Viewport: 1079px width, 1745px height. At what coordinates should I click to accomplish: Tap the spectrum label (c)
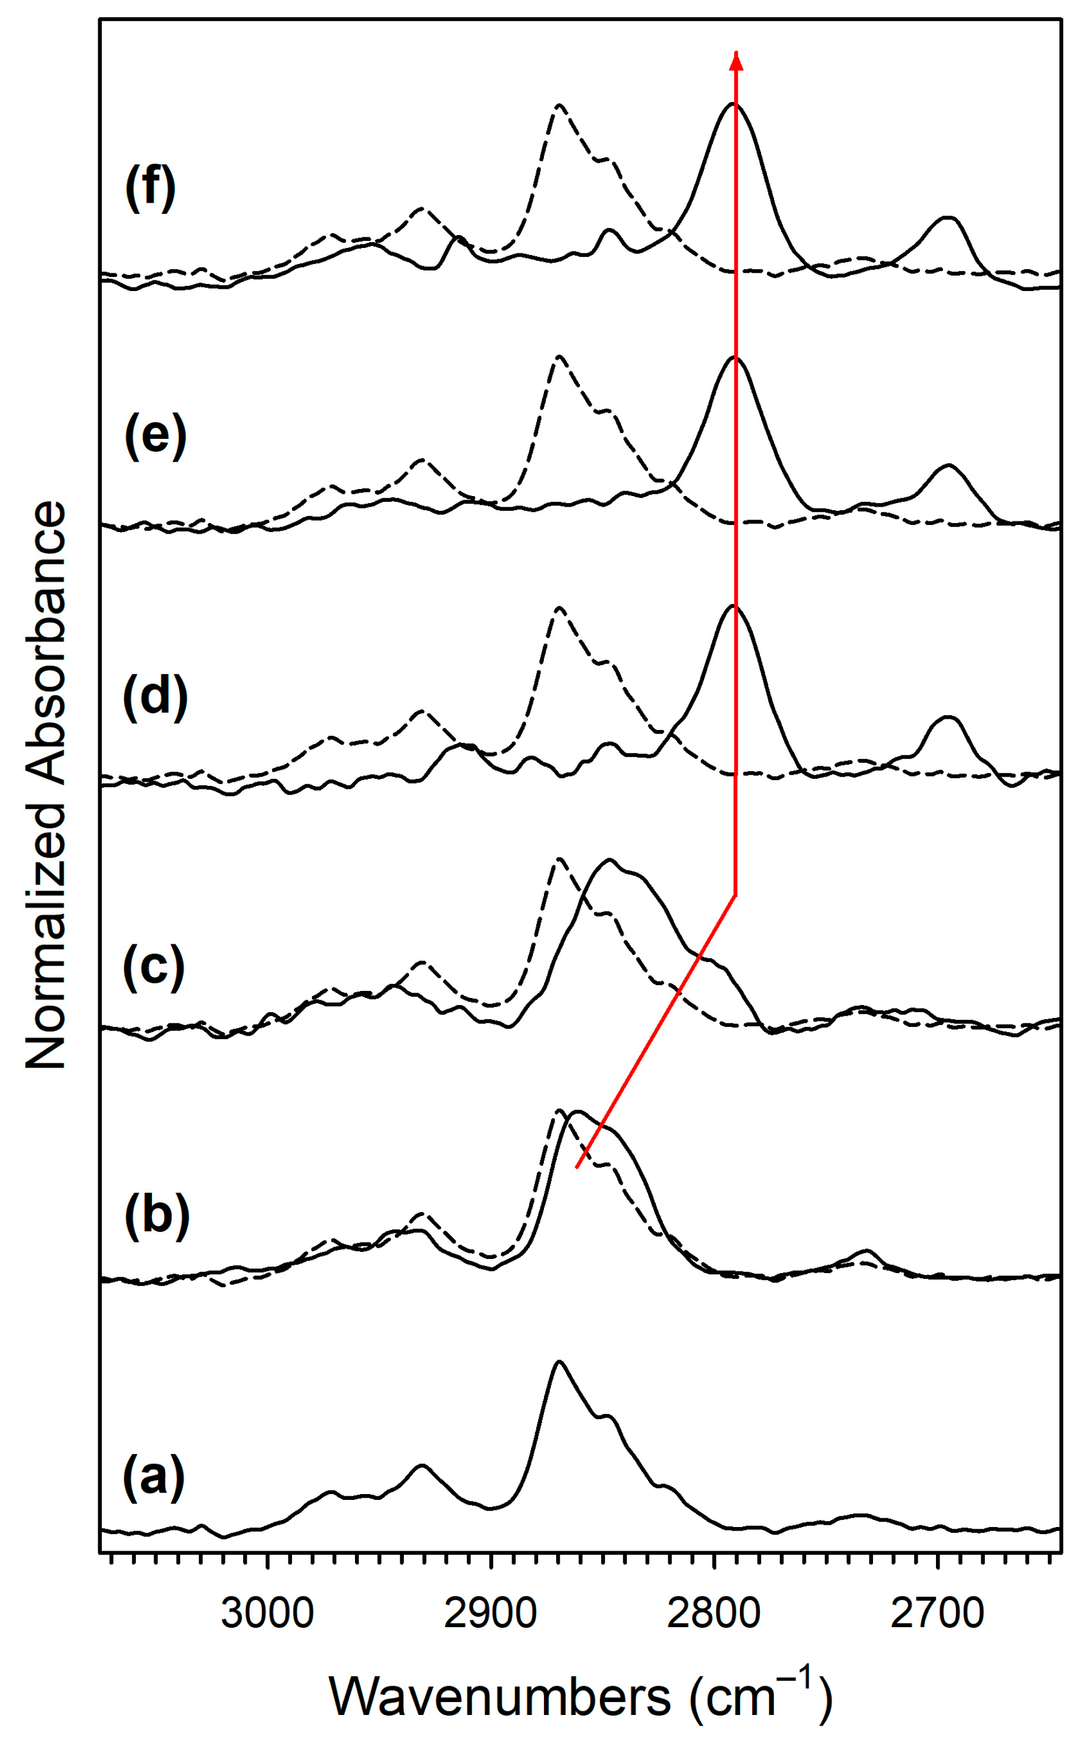pyautogui.click(x=154, y=970)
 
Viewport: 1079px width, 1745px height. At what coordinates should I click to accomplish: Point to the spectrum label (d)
pyautogui.click(x=155, y=698)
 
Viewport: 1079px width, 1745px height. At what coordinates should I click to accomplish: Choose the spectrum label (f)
pyautogui.click(x=150, y=188)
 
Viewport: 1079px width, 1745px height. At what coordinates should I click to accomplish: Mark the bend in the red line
pyautogui.click(x=736, y=895)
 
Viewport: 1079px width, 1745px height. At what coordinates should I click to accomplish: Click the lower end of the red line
pyautogui.click(x=577, y=1168)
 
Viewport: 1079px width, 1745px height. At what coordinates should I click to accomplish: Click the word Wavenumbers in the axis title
pyautogui.click(x=500, y=1697)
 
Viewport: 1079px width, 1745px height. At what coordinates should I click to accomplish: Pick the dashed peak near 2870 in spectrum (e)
pyautogui.click(x=559, y=356)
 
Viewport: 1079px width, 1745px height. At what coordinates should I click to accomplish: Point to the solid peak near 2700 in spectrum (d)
pyautogui.click(x=948, y=717)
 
